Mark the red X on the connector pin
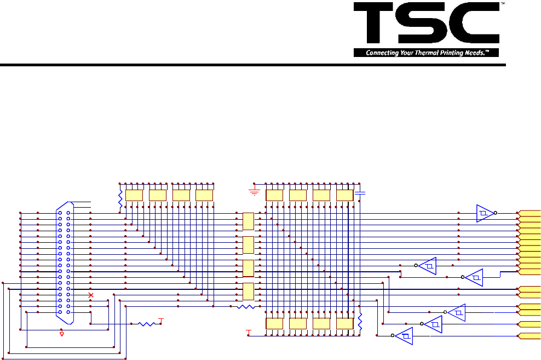[91, 295]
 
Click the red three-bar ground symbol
[254, 192]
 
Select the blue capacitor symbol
[360, 193]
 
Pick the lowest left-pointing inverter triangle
[404, 336]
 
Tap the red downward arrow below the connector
[61, 333]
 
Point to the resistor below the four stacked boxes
[246, 307]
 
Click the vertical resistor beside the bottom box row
[360, 322]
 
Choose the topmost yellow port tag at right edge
[530, 213]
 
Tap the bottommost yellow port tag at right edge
[530, 336]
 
